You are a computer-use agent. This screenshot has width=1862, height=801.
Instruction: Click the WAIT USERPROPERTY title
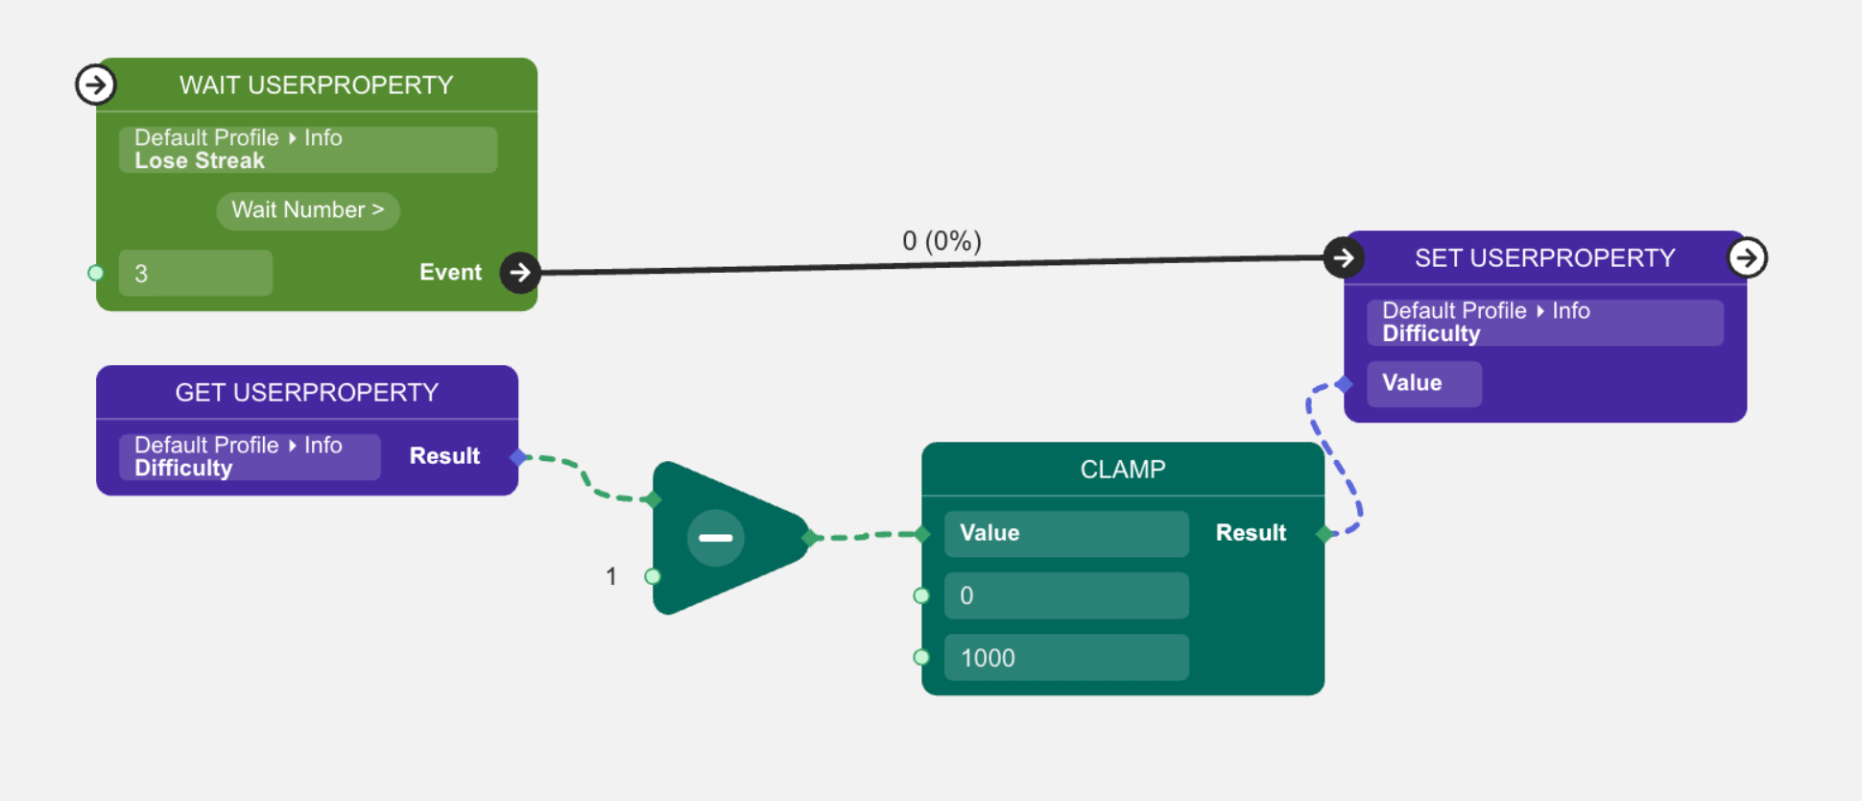click(x=316, y=85)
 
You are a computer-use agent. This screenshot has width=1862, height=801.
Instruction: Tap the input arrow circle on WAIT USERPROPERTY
click(x=95, y=85)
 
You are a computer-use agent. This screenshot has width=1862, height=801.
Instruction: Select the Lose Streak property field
click(x=307, y=150)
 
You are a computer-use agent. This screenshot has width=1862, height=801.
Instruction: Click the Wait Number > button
click(x=307, y=210)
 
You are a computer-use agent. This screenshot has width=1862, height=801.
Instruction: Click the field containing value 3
click(x=195, y=274)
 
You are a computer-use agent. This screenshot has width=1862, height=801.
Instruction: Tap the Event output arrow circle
click(x=519, y=273)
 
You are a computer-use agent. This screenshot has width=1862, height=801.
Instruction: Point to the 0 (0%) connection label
click(x=941, y=241)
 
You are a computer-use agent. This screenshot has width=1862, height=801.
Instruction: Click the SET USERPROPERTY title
click(x=1544, y=258)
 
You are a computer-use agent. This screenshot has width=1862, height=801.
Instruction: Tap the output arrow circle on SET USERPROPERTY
click(x=1747, y=257)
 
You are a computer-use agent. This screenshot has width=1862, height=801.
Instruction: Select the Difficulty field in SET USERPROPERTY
click(x=1544, y=323)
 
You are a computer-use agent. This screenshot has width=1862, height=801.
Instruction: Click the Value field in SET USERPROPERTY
click(x=1423, y=383)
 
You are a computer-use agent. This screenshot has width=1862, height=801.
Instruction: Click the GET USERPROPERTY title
click(x=306, y=393)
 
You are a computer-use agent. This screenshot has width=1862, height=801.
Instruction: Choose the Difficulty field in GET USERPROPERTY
click(x=250, y=457)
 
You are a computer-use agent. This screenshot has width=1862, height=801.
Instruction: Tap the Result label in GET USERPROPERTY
click(x=444, y=456)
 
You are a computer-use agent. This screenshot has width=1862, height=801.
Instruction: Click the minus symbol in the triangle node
click(x=715, y=538)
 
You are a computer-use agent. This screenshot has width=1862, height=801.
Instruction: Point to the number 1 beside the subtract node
click(x=610, y=576)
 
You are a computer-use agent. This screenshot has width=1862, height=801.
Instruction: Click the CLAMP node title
click(x=1122, y=470)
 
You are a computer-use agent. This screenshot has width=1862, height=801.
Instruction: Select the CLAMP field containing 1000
click(x=1065, y=658)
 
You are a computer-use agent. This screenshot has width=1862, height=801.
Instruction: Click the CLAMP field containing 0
click(x=1065, y=595)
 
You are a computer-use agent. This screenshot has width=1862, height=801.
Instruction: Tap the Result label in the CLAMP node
click(x=1250, y=533)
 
